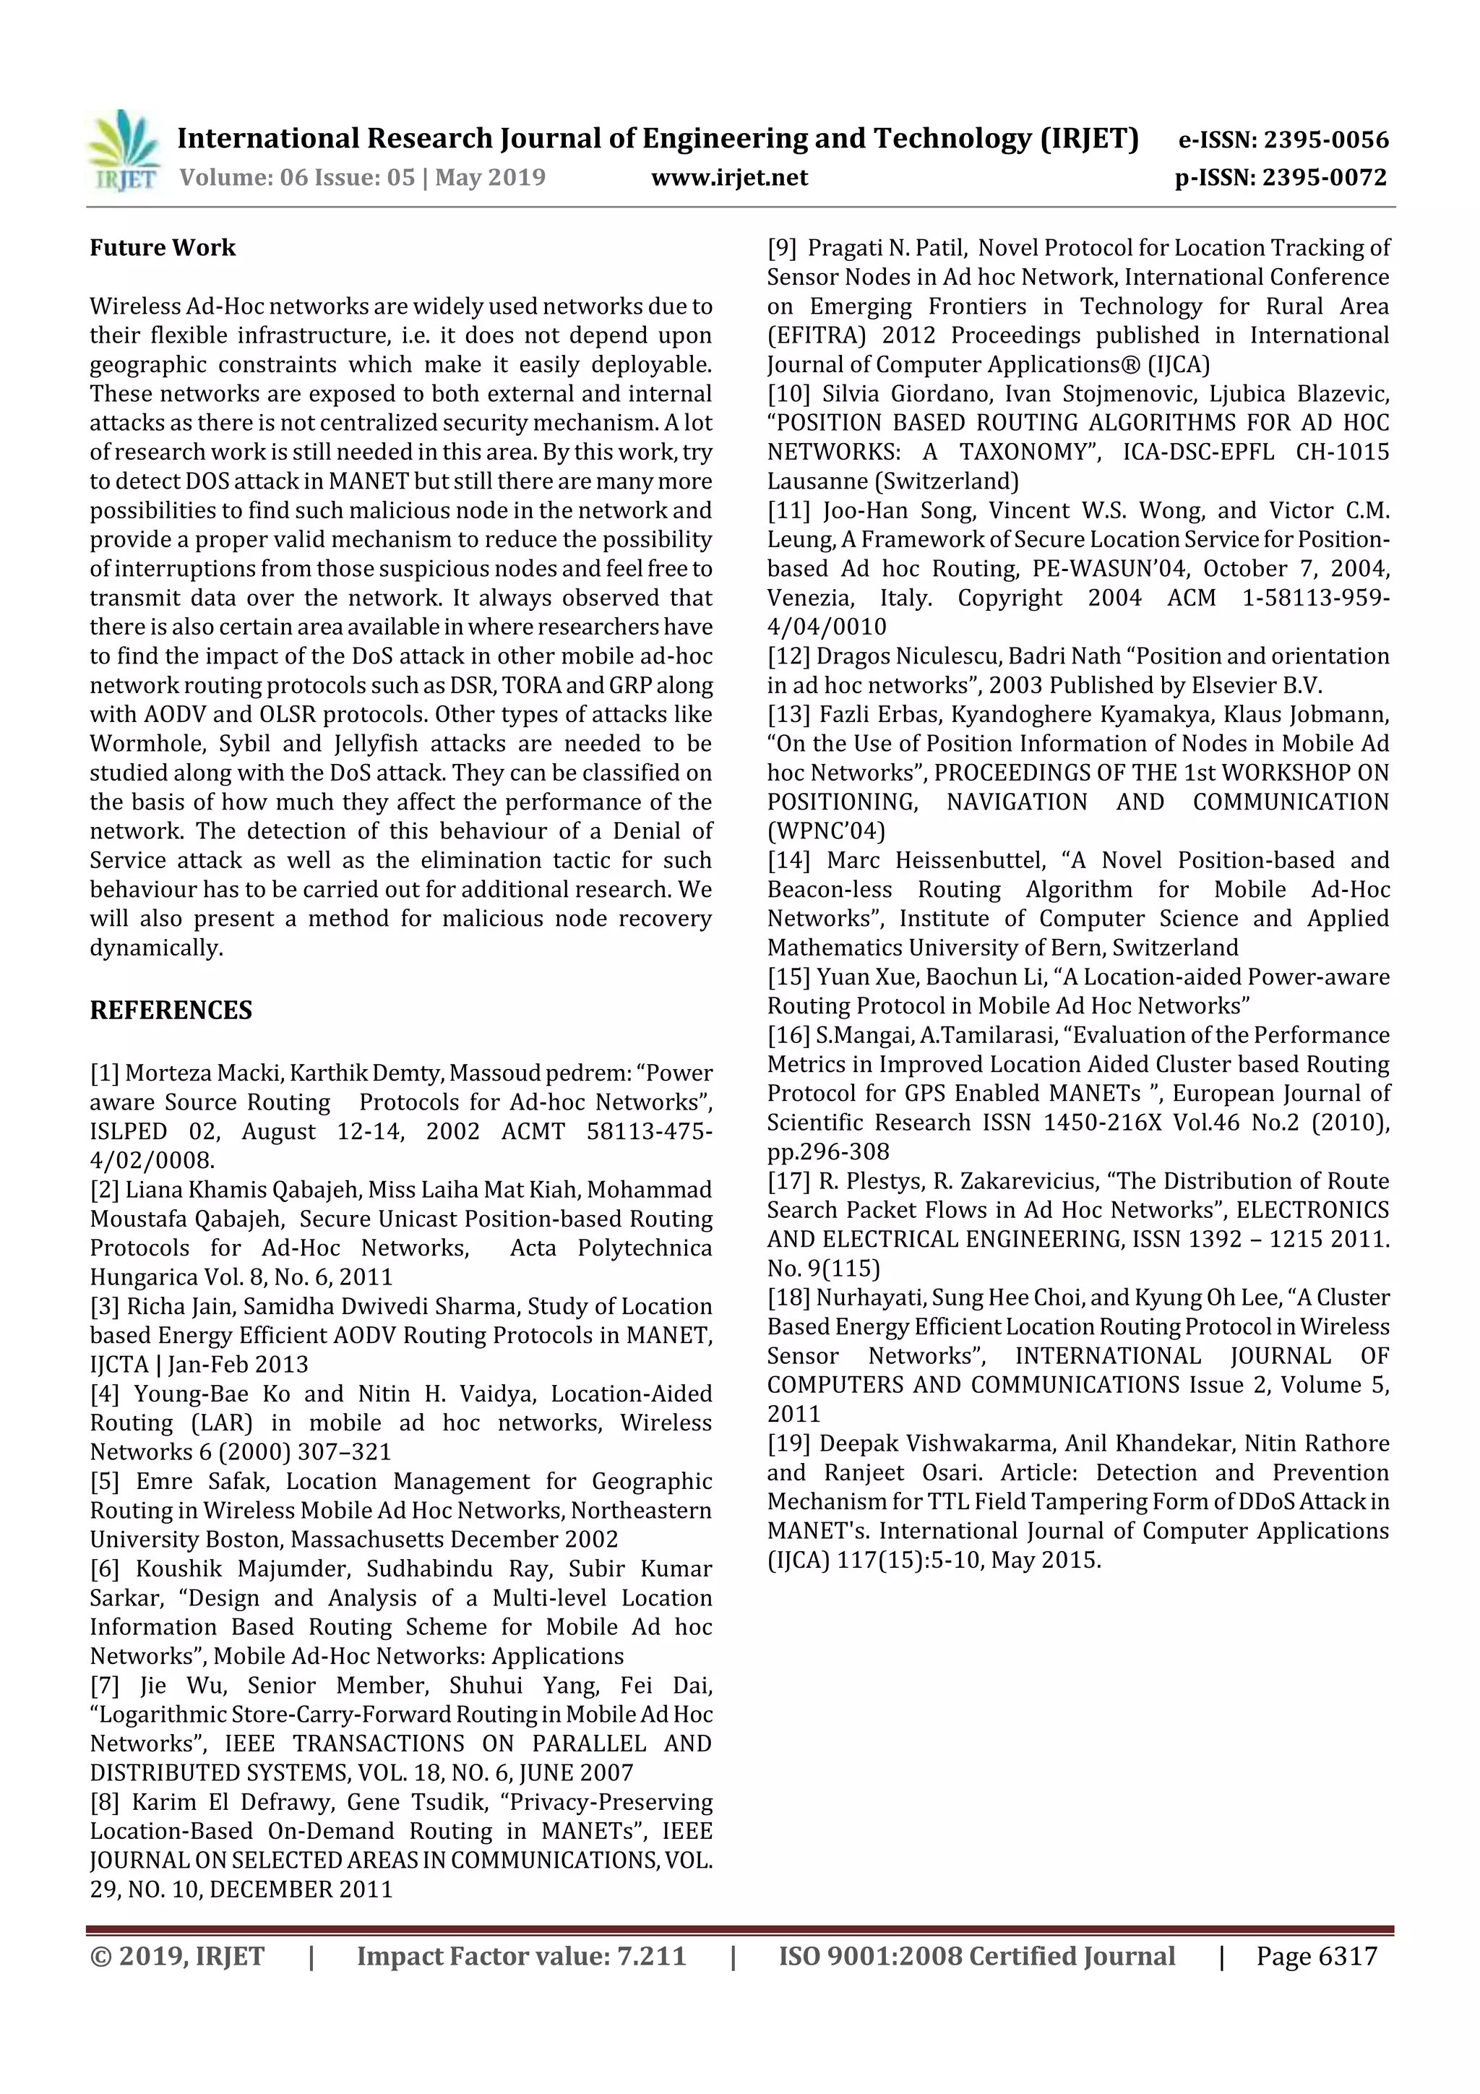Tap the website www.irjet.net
728,178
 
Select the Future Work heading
163,248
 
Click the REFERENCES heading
171,1010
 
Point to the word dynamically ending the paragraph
155,948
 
